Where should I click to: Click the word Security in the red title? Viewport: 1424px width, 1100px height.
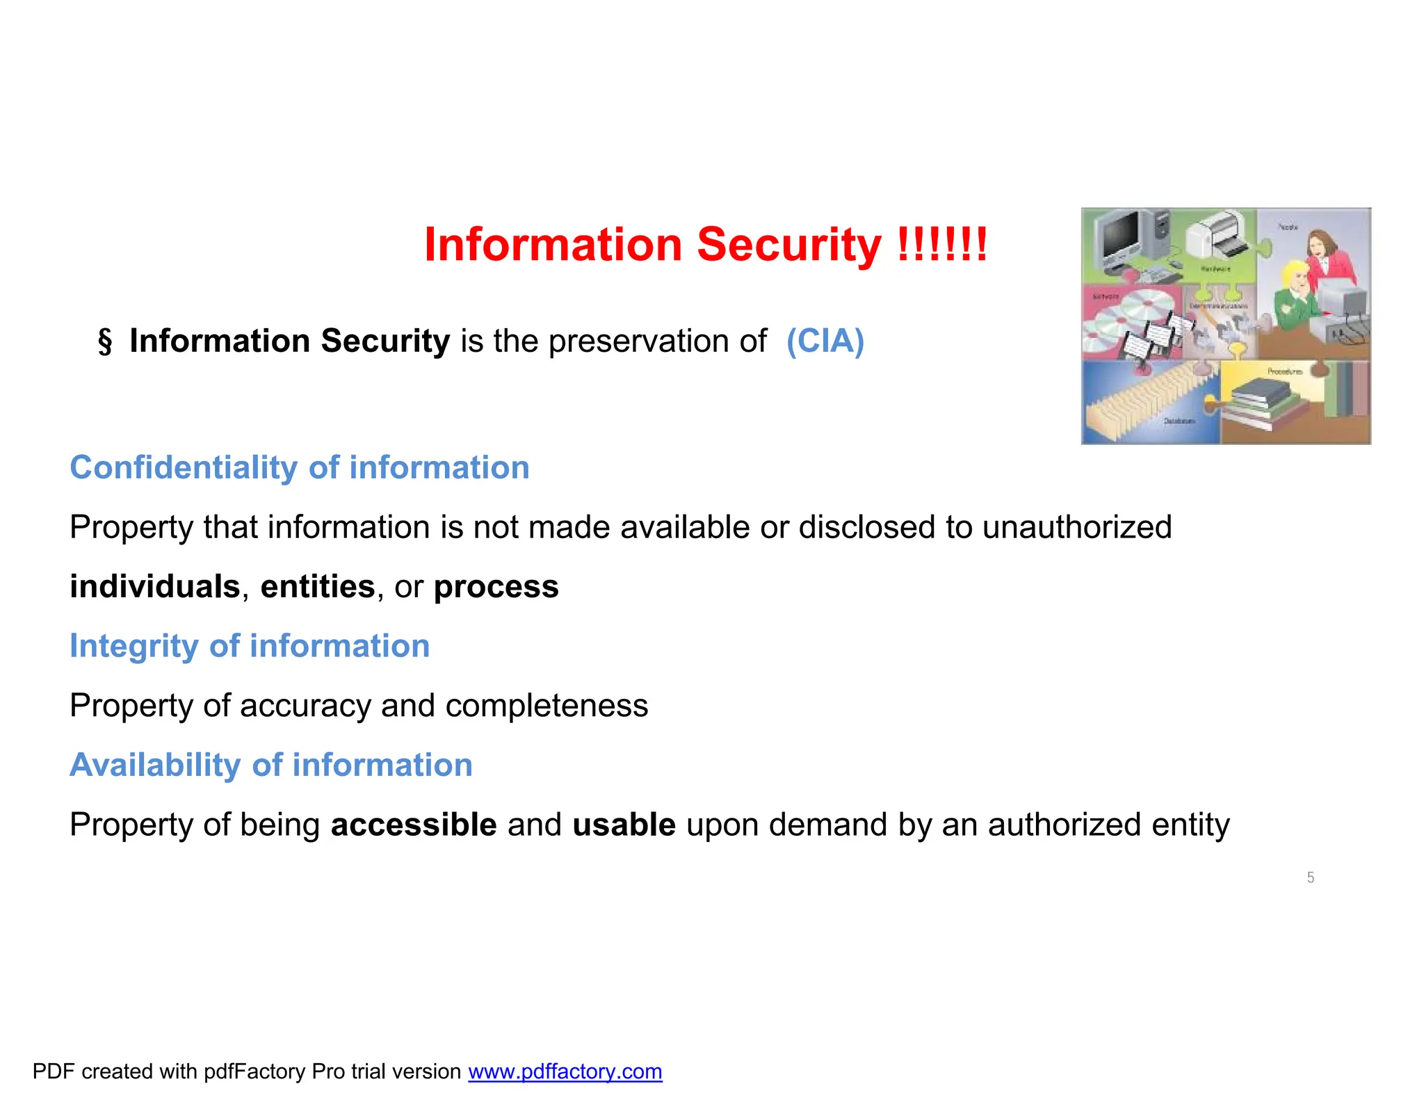pos(788,245)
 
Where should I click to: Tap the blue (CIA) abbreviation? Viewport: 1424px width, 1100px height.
pos(825,341)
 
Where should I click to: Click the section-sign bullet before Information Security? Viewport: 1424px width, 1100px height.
pos(104,341)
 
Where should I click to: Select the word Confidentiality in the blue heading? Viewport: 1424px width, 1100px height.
pos(184,467)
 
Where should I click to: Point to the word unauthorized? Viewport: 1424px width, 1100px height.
pos(1077,527)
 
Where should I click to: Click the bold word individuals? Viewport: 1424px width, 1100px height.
pos(155,586)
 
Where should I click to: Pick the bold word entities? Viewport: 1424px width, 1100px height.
pos(318,586)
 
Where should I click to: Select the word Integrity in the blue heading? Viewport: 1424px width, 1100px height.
pos(134,646)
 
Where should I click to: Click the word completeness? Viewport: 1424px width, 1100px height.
pos(547,706)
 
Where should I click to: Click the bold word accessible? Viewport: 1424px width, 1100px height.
pos(414,825)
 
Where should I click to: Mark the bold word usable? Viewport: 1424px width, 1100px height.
pos(624,825)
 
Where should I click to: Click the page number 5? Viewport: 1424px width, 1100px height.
pos(1311,877)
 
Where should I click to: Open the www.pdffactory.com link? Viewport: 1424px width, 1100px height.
pos(565,1071)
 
